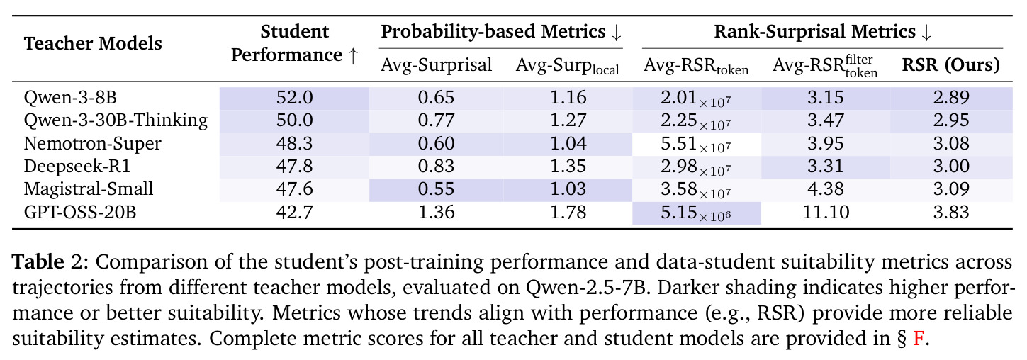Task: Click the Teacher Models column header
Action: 93,43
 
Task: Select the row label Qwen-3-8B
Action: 70,98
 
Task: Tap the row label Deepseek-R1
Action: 77,166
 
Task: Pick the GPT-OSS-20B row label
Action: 80,213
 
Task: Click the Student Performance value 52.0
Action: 294,98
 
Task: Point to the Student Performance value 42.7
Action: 294,213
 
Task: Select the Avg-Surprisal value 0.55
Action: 436,189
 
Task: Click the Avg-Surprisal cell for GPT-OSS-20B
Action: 436,213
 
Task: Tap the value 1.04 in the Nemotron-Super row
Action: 568,144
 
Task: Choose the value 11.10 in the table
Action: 826,213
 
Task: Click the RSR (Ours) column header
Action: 951,65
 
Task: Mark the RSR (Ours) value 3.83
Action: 951,213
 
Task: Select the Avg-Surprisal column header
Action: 436,65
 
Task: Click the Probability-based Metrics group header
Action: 501,32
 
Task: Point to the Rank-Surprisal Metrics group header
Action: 822,32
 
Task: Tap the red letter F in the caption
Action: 918,339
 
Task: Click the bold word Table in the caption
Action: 38,262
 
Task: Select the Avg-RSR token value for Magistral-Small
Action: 695,190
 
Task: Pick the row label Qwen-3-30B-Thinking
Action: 116,120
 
